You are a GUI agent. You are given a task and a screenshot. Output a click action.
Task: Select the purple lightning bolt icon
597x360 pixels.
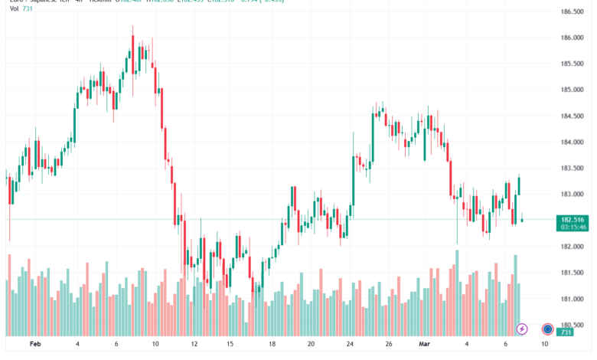click(522, 329)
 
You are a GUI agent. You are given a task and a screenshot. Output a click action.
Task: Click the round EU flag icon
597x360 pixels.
click(548, 329)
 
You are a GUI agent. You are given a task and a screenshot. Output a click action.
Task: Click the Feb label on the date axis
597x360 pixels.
click(36, 345)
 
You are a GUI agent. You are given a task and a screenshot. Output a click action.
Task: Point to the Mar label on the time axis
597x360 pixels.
click(425, 345)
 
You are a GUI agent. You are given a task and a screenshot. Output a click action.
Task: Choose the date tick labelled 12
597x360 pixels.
click(194, 345)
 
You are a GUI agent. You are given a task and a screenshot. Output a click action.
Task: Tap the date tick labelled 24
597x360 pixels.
click(349, 345)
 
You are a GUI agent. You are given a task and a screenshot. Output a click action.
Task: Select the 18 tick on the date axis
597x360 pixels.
click(272, 345)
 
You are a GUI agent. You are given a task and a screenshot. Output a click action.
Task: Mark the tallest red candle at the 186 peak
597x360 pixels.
click(132, 54)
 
